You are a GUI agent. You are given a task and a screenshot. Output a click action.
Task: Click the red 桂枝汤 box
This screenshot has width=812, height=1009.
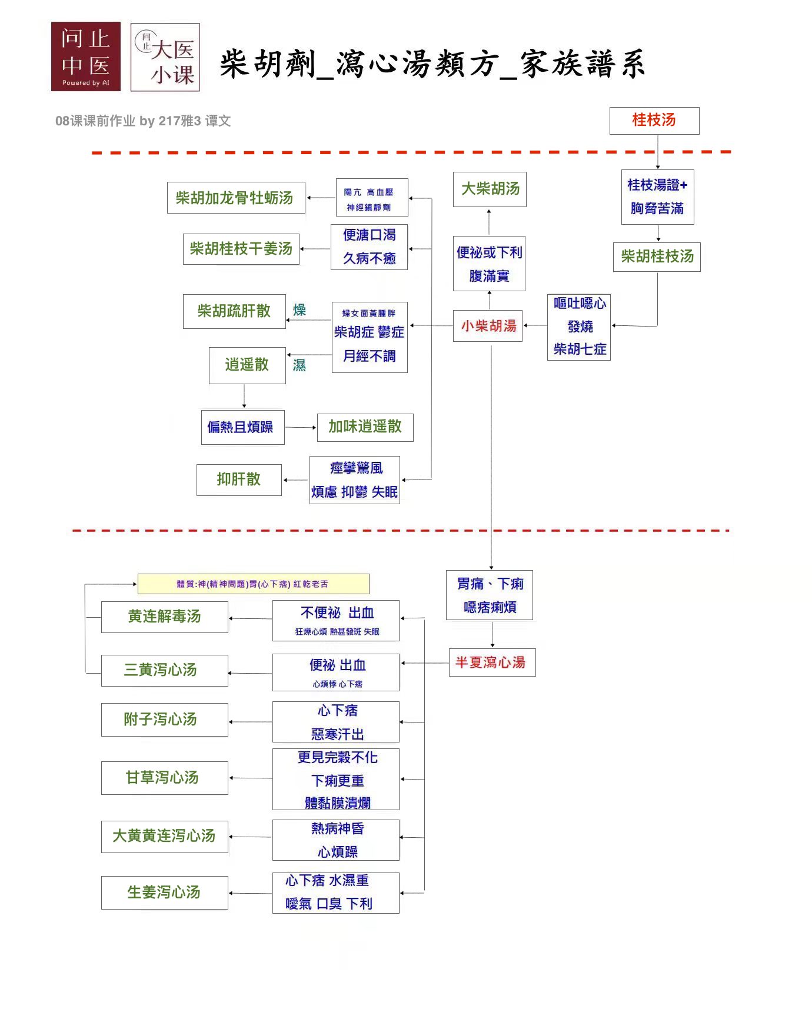(x=654, y=121)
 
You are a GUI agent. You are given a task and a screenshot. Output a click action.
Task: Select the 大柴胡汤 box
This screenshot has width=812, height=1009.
(x=490, y=189)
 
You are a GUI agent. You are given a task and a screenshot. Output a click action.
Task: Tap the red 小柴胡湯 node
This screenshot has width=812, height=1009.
(x=488, y=326)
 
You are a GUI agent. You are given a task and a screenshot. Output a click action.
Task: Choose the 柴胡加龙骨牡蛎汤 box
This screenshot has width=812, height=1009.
(x=236, y=198)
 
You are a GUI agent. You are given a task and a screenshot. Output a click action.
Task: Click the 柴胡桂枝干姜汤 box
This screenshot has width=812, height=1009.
(x=241, y=249)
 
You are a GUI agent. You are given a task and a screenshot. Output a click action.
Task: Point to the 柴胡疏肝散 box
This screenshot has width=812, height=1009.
(x=234, y=311)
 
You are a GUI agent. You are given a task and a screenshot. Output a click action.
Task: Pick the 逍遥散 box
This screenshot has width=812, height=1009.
(x=247, y=365)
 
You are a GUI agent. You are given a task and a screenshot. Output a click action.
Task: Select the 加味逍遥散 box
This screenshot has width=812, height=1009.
(x=365, y=427)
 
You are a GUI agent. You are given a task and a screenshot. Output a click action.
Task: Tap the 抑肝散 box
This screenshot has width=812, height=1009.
(x=239, y=479)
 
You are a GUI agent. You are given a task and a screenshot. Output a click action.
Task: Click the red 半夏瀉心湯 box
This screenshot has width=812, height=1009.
(x=492, y=662)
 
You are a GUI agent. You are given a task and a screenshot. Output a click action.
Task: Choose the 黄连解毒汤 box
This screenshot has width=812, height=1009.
(x=164, y=617)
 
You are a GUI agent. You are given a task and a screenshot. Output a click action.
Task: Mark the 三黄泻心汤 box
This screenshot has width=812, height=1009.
(x=164, y=670)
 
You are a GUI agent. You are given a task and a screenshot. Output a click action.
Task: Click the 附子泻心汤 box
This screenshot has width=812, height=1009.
(x=164, y=720)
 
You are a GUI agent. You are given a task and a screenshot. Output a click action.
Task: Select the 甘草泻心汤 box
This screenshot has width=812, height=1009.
(x=164, y=778)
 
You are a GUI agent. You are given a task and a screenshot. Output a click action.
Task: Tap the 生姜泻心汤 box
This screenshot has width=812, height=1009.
(x=164, y=893)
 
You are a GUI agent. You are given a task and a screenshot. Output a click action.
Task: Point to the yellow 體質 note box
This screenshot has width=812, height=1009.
(x=253, y=584)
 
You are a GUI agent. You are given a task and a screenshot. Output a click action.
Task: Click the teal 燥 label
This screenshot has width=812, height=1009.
(x=299, y=310)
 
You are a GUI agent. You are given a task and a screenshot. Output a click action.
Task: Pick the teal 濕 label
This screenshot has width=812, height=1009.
(x=299, y=365)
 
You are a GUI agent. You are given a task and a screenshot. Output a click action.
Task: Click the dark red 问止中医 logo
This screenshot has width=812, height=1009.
(x=86, y=56)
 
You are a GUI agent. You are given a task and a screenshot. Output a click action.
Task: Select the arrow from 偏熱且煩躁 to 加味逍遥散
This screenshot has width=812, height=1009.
(x=301, y=428)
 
